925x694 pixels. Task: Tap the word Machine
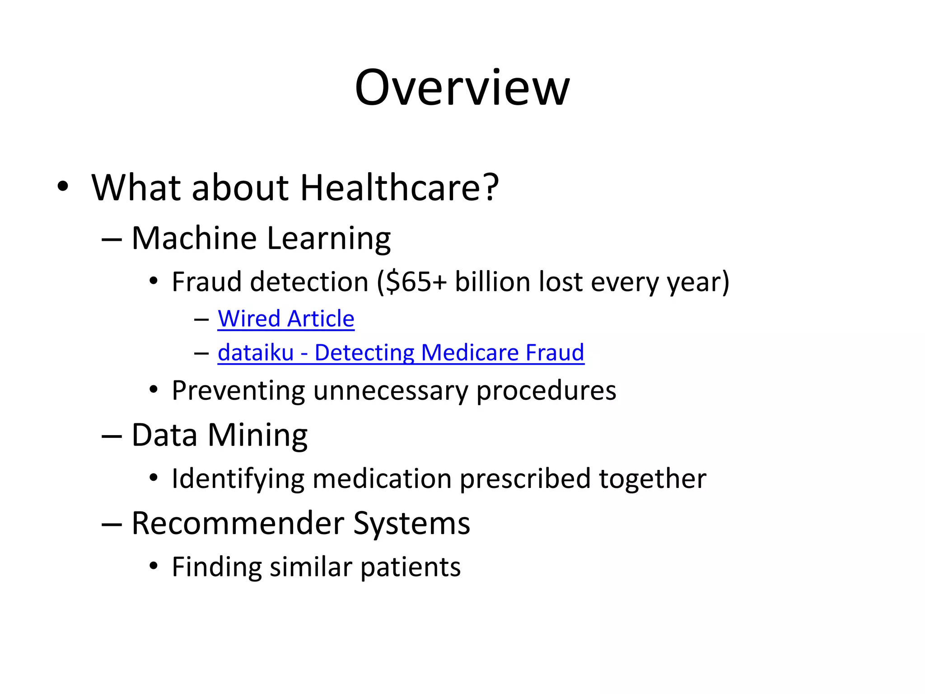pyautogui.click(x=194, y=238)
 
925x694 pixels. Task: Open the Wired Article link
pyautogui.click(x=286, y=319)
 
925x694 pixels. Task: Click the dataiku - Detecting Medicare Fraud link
pyautogui.click(x=401, y=352)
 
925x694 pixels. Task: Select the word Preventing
pyautogui.click(x=238, y=391)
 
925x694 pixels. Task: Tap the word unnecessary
pyautogui.click(x=390, y=391)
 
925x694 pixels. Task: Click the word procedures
pyautogui.click(x=546, y=391)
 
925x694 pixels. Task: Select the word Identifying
pyautogui.click(x=238, y=479)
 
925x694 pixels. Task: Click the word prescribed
pyautogui.click(x=525, y=478)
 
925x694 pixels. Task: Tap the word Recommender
pyautogui.click(x=238, y=523)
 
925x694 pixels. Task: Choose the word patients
pyautogui.click(x=411, y=567)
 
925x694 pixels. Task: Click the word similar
pyautogui.click(x=311, y=567)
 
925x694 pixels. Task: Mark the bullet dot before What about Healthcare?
pyautogui.click(x=63, y=187)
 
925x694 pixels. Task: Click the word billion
pyautogui.click(x=492, y=282)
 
